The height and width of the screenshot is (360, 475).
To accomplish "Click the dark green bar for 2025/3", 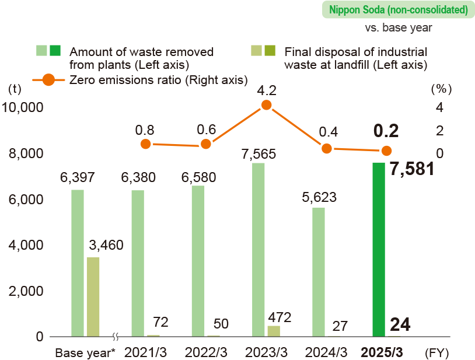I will (378, 249).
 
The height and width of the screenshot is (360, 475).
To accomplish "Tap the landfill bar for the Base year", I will (93, 296).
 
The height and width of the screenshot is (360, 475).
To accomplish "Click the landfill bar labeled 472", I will (273, 331).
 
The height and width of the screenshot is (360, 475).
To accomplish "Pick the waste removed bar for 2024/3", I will (318, 272).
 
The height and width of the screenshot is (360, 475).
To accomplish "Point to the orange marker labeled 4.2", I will (267, 105).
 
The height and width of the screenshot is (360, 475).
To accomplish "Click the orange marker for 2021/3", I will (145, 144).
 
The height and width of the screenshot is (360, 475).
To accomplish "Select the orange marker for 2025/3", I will (386, 151).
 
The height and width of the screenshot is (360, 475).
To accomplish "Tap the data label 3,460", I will (106, 246).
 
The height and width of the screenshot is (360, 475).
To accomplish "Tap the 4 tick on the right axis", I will (439, 107).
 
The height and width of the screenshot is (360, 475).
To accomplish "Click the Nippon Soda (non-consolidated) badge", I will (399, 10).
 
